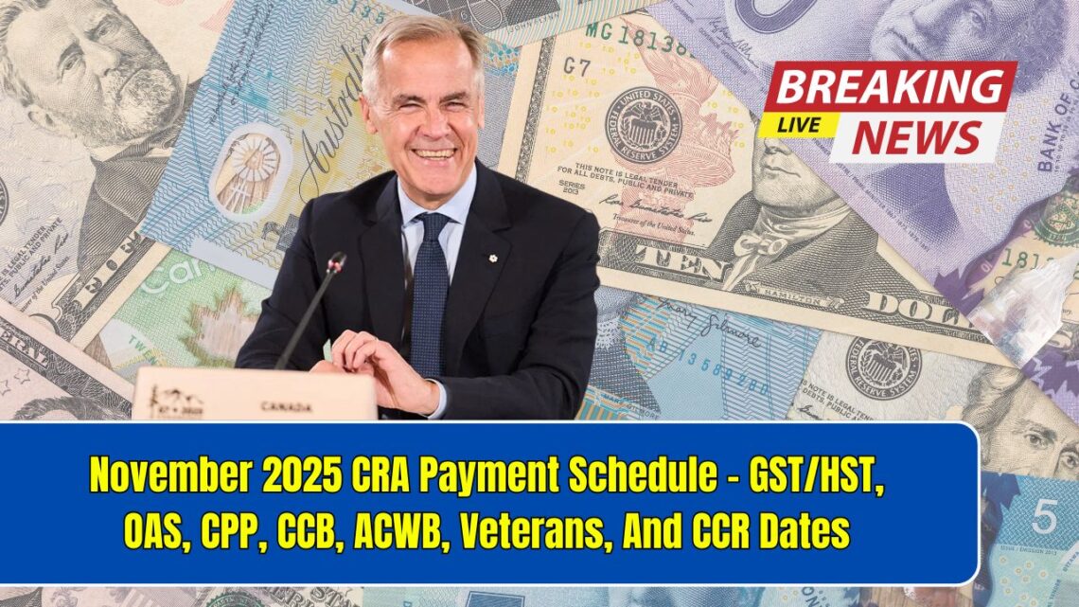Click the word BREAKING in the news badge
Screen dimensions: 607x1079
(890, 88)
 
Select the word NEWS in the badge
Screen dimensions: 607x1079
(916, 137)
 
